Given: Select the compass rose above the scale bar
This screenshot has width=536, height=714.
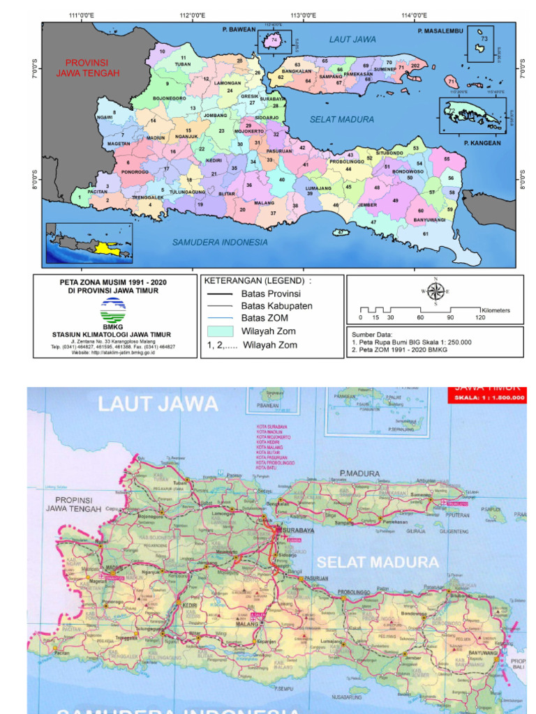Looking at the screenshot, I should click(x=435, y=291).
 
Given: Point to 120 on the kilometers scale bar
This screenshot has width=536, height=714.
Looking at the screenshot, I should click(x=480, y=317).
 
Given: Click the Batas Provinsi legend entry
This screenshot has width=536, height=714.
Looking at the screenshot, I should click(x=271, y=294).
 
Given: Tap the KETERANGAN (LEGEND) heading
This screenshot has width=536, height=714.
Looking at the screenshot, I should click(x=258, y=280).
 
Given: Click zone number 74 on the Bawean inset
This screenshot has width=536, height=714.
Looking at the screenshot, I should click(x=275, y=41).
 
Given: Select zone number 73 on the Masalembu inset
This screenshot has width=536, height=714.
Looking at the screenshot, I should click(x=484, y=39).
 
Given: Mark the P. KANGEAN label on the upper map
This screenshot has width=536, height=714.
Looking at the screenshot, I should click(x=482, y=143).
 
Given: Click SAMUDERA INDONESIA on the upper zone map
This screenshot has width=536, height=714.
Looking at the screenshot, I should click(x=220, y=242).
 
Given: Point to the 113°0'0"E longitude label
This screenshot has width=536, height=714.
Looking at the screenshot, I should click(x=303, y=15).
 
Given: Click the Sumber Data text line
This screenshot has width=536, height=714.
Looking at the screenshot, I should click(x=376, y=335).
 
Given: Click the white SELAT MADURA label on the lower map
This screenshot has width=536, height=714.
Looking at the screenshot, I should click(x=378, y=561).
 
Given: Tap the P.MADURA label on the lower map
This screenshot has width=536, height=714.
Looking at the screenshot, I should click(x=360, y=473).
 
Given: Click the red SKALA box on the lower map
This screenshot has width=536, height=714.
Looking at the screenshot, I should click(x=486, y=395).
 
